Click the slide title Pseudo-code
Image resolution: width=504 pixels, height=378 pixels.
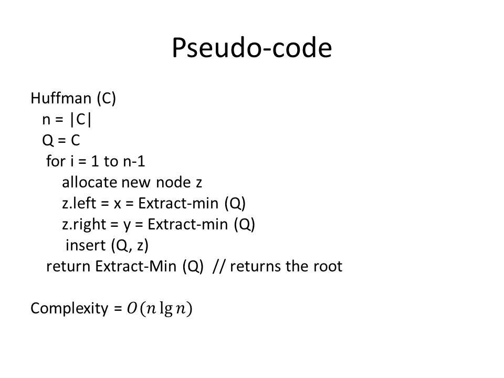tap(251, 48)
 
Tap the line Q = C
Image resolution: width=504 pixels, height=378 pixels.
tap(61, 141)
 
